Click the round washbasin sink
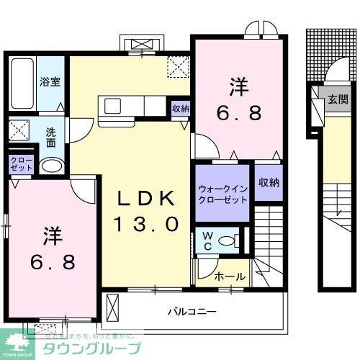click(50, 166)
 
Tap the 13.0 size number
click(145, 224)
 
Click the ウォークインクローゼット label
click(221, 194)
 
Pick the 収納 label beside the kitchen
click(181, 109)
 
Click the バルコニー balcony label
click(192, 312)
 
